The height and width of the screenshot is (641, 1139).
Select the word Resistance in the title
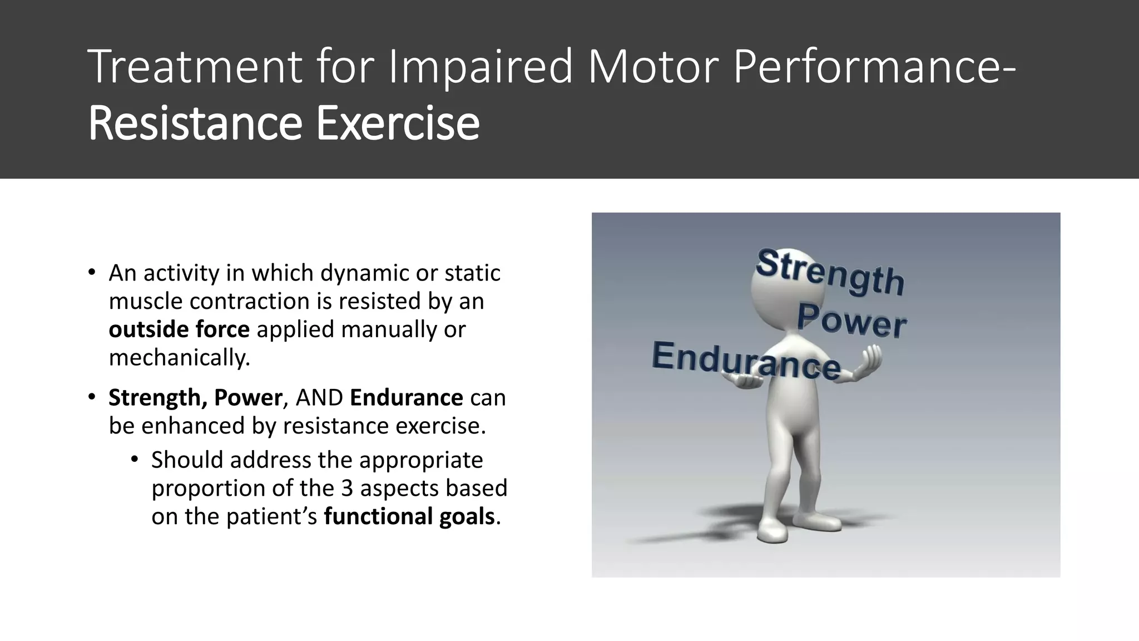click(195, 123)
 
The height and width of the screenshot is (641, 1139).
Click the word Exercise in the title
click(398, 123)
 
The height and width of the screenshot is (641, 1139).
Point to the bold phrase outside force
click(179, 329)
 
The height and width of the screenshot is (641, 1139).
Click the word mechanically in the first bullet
click(179, 358)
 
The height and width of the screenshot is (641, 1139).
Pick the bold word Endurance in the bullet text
click(407, 398)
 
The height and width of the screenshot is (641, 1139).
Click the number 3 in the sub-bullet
click(347, 488)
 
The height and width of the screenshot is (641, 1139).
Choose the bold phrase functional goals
click(409, 516)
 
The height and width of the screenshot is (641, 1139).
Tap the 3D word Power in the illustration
click(851, 321)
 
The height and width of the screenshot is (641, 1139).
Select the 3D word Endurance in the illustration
click(745, 361)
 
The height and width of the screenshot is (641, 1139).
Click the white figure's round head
click(779, 289)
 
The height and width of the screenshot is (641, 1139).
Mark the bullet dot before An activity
click(92, 273)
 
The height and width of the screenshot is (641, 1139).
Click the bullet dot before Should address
click(135, 460)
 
